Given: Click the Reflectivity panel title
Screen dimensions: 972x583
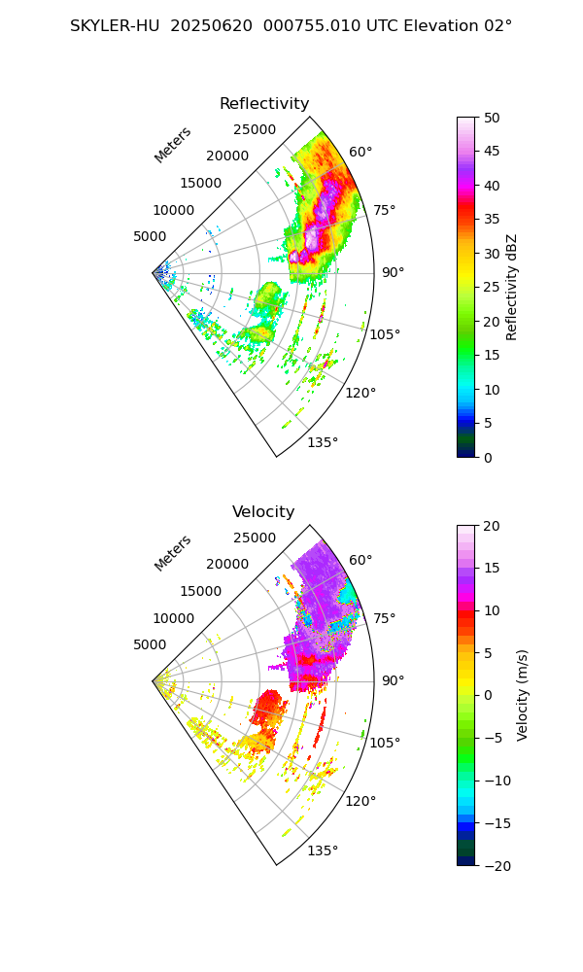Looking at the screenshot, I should (264, 104).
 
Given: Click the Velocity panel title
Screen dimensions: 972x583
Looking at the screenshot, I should (263, 512).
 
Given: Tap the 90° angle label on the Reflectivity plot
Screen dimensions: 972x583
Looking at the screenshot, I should (393, 272).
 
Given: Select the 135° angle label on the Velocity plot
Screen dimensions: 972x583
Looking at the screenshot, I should (323, 850).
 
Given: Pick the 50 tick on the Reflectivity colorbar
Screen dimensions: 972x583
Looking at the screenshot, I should (494, 118).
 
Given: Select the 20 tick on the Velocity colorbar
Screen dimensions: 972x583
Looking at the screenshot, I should (494, 526).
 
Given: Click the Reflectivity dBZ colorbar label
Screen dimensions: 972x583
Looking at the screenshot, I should (512, 287).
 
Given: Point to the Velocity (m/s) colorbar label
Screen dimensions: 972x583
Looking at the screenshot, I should (523, 695).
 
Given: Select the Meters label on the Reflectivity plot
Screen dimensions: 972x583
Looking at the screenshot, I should (172, 145).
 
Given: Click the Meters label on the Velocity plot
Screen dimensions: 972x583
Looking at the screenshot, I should (172, 553).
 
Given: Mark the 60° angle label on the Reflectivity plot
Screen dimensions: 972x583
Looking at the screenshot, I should (360, 152).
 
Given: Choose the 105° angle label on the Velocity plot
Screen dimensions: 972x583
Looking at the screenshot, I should (386, 743).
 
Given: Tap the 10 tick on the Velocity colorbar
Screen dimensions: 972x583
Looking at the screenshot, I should (494, 610).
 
